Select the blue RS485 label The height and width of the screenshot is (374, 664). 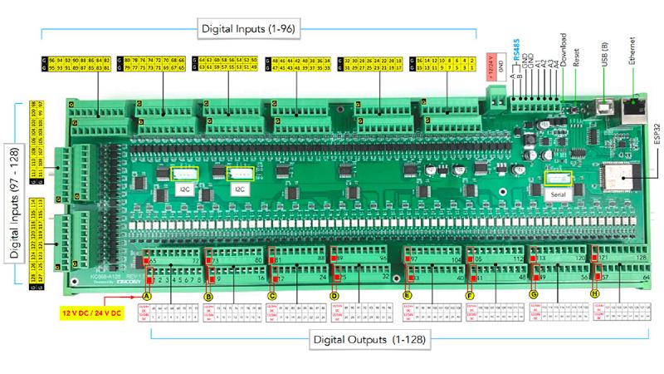pyautogui.click(x=515, y=47)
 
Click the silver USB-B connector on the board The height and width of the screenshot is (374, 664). pyautogui.click(x=603, y=106)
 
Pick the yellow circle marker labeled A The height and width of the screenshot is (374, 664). pyautogui.click(x=147, y=295)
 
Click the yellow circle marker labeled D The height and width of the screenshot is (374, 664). pyautogui.click(x=334, y=295)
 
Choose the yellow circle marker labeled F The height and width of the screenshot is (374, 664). pyautogui.click(x=470, y=295)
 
